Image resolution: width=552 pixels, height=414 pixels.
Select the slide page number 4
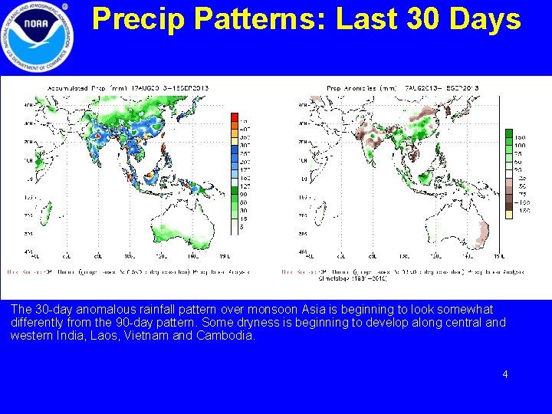coord(505,374)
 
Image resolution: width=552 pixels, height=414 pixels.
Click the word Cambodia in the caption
coord(228,336)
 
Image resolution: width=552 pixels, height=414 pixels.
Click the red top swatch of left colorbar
coord(235,117)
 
